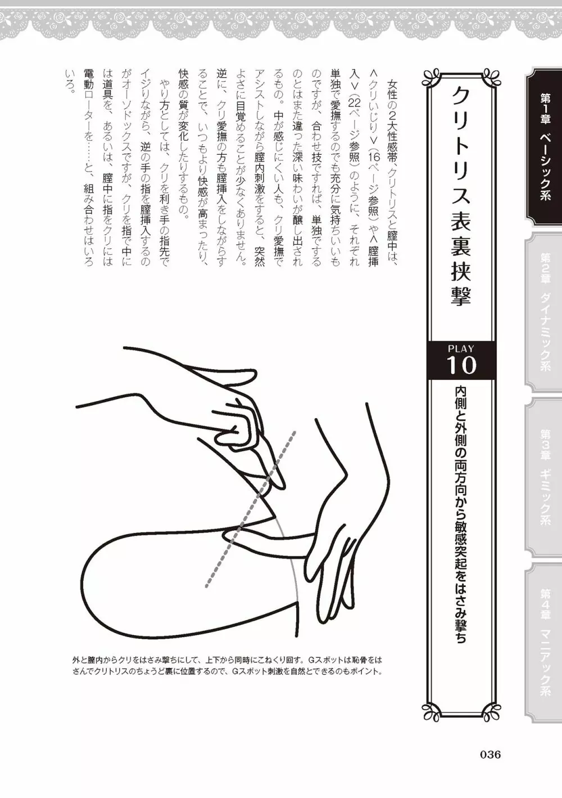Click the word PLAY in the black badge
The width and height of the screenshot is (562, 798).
click(x=461, y=349)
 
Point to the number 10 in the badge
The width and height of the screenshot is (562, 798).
click(x=461, y=365)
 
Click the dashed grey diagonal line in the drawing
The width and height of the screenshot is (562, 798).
click(x=251, y=509)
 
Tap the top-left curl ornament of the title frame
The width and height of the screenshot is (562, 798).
click(x=432, y=79)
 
